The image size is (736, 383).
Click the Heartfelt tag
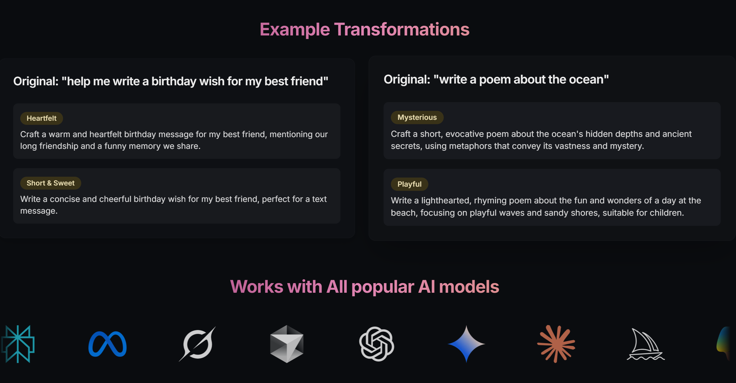[x=42, y=118]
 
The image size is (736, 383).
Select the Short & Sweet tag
[x=51, y=183]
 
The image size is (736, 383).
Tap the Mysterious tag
[x=417, y=118]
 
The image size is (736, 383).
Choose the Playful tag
[x=409, y=184]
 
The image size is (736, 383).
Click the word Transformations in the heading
[x=402, y=29]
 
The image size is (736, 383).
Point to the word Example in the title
[x=295, y=30]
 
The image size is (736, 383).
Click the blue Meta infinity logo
[x=108, y=344]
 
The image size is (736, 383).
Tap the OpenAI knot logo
[x=377, y=344]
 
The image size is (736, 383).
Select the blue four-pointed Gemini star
[x=466, y=344]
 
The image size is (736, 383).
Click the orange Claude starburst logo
[x=556, y=344]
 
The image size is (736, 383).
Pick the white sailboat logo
[x=646, y=344]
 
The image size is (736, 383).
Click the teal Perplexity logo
[x=18, y=344]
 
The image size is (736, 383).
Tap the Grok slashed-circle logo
[x=197, y=344]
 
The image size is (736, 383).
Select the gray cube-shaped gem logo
[x=287, y=344]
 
